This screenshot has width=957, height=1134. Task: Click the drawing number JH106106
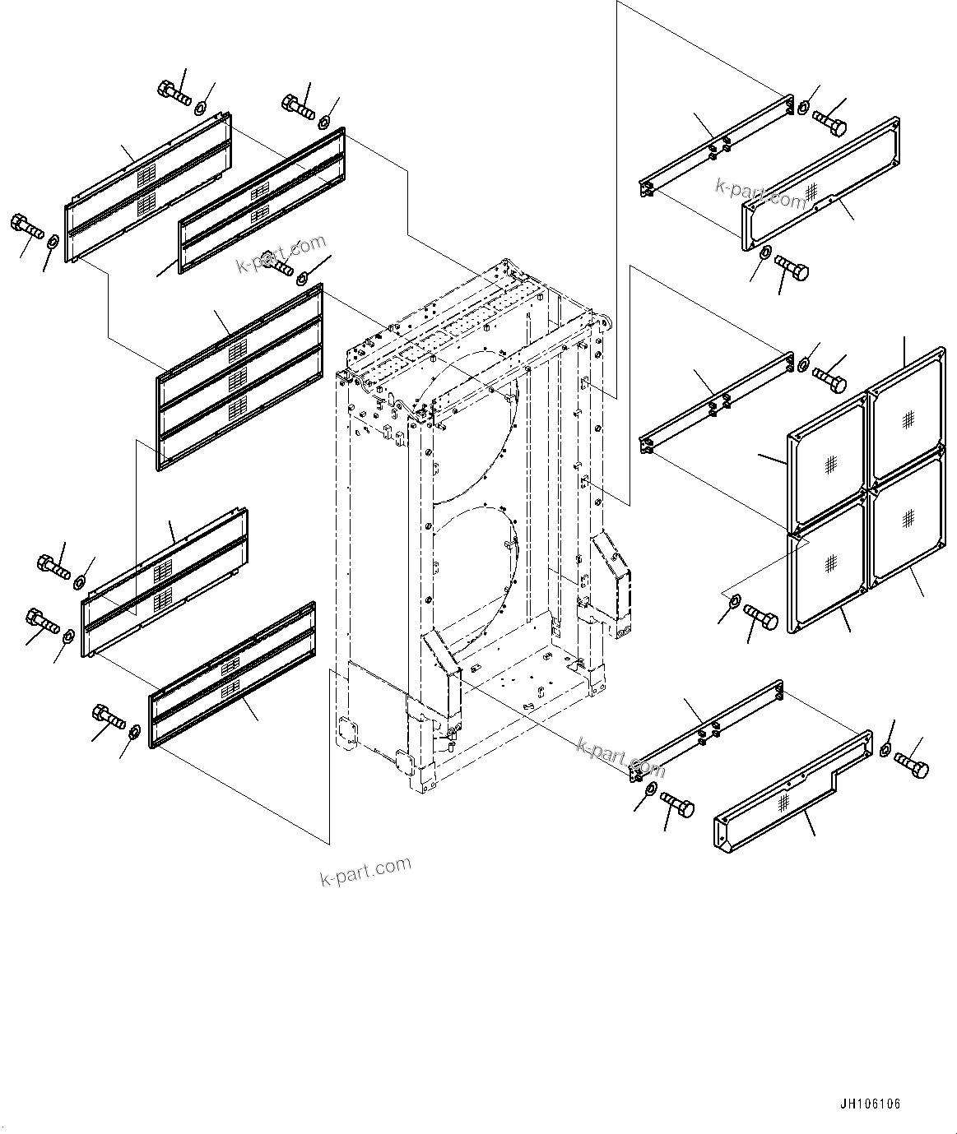[x=870, y=1104]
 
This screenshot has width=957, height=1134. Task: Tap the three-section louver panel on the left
[x=239, y=377]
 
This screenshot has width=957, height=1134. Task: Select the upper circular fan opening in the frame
[x=465, y=432]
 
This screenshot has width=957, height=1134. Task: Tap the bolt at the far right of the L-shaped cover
[x=911, y=764]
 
